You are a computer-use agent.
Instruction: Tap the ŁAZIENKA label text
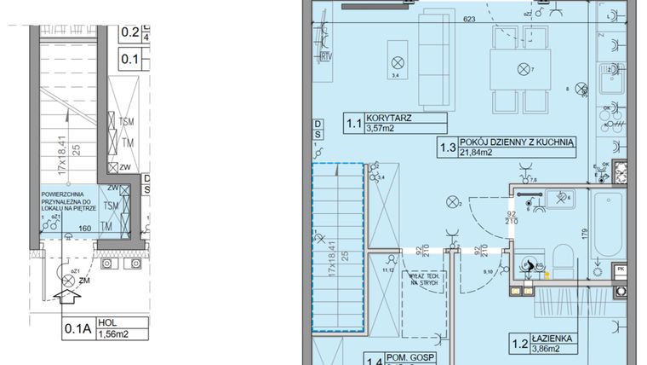(x=555, y=339)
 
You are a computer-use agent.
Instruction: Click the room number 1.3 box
(x=445, y=148)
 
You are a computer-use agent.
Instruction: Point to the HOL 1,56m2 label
(x=113, y=329)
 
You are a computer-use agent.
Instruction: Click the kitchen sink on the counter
(x=611, y=83)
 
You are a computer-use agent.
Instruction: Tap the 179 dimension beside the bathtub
(x=584, y=229)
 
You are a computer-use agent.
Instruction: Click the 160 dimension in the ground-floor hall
(x=85, y=229)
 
